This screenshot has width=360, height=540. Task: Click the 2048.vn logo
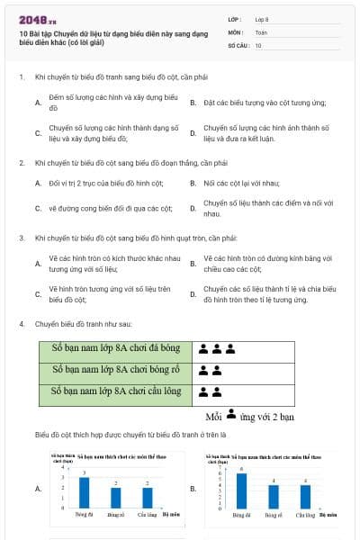point(33,20)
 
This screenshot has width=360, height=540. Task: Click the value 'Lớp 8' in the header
point(262,19)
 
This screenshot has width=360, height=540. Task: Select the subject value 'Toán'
point(260,31)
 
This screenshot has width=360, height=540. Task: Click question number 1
point(21,77)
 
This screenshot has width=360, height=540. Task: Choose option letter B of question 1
point(193,103)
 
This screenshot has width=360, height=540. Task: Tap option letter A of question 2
point(38,183)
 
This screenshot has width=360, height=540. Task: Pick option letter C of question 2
point(38,209)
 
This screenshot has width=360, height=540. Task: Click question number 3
point(21,238)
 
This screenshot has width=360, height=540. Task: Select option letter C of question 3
point(38,294)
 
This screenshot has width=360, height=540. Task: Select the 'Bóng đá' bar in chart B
point(241,490)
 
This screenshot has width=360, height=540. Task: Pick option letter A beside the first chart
point(38,489)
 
